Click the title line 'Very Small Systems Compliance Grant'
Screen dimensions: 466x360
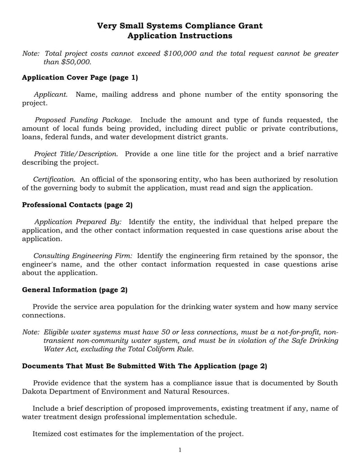180,26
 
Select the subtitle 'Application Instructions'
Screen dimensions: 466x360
180,36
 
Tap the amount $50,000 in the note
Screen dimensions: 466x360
76,62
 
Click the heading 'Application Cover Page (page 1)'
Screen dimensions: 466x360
80,77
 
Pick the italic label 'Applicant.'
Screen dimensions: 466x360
51,95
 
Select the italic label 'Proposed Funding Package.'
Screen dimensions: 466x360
83,120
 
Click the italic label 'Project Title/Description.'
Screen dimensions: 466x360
76,154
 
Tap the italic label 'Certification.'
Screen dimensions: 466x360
54,179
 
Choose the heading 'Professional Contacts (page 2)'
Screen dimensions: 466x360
77,205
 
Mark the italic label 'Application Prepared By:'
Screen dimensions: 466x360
78,222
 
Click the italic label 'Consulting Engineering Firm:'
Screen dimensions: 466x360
83,256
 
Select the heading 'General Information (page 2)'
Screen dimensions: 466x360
75,290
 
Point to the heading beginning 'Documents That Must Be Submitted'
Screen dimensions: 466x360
144,366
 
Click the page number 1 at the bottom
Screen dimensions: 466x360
180,450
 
